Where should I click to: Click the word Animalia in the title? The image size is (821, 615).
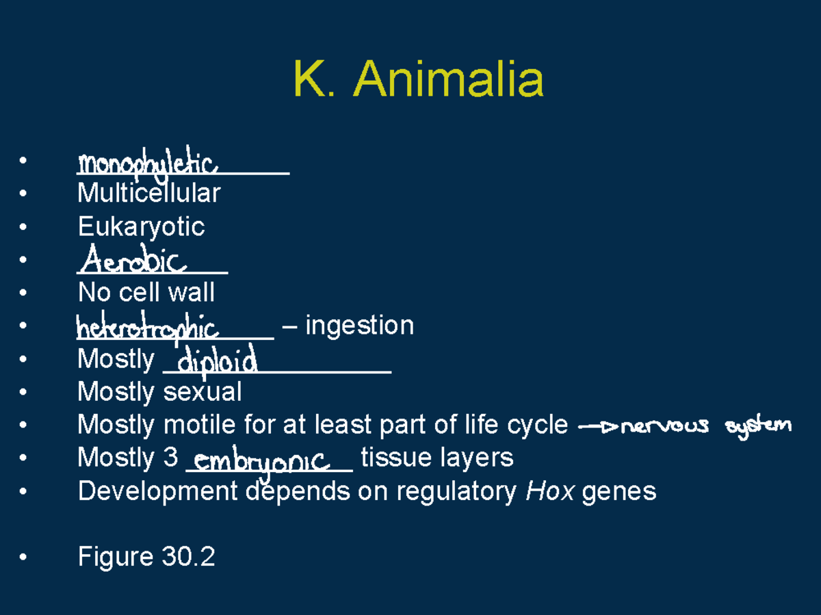click(449, 79)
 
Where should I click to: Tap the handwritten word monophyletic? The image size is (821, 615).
click(147, 164)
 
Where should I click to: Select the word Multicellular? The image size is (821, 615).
click(149, 193)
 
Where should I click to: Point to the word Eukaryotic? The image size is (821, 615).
click(141, 226)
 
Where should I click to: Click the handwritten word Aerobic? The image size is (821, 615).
click(133, 261)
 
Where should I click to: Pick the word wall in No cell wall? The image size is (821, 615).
click(192, 293)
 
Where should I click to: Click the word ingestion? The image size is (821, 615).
click(359, 325)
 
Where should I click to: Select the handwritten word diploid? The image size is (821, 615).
click(217, 361)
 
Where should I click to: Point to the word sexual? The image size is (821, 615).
click(202, 392)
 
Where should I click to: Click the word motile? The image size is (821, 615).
click(199, 425)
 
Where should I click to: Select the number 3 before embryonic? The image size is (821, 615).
click(171, 458)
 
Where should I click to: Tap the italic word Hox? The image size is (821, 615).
click(549, 491)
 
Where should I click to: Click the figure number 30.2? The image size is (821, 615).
click(189, 557)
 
